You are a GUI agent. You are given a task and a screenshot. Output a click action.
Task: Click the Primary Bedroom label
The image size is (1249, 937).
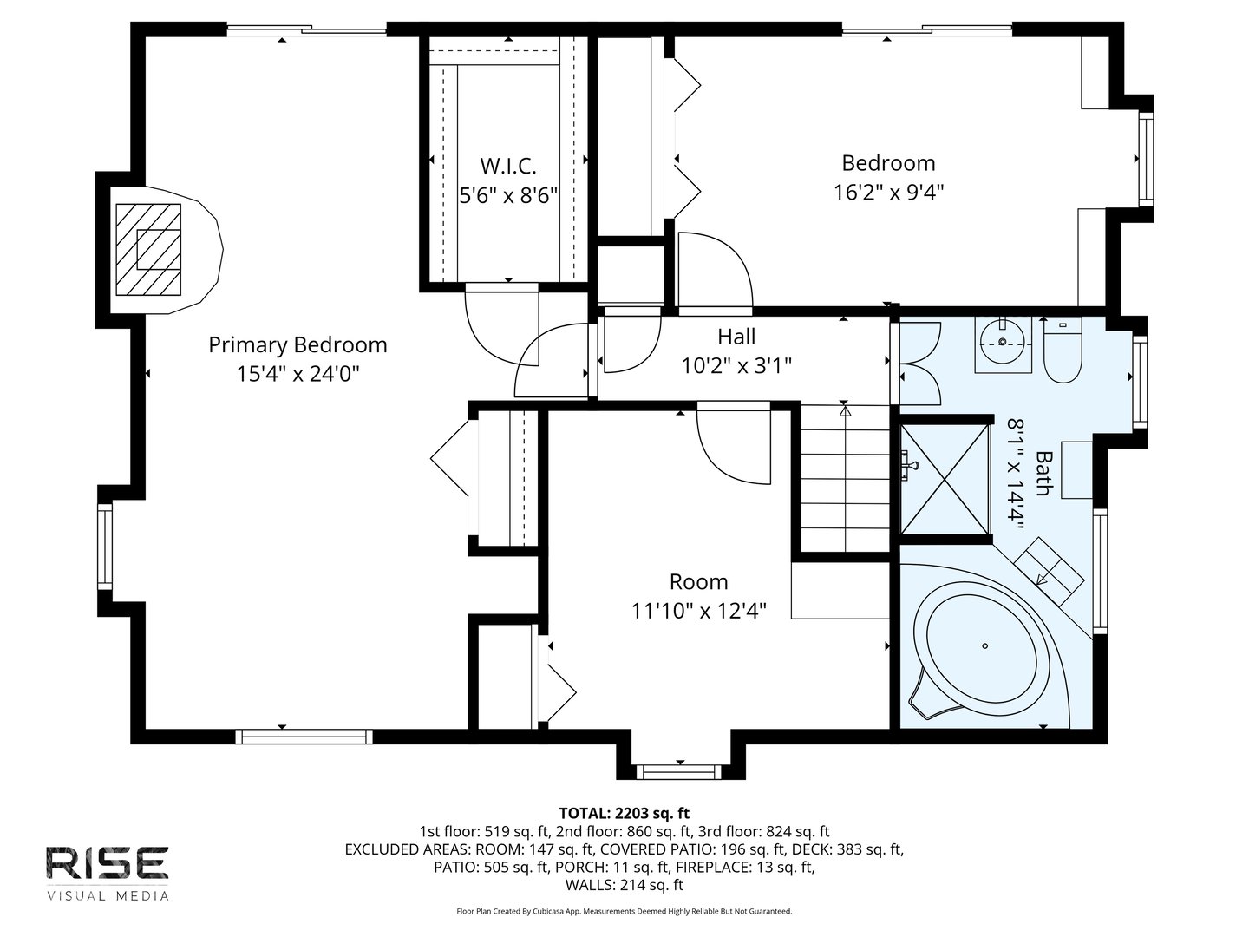(298, 344)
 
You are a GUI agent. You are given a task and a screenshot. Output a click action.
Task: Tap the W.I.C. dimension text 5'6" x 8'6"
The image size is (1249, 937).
(507, 193)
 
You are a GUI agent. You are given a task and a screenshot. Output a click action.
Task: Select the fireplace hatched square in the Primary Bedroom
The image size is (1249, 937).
(148, 249)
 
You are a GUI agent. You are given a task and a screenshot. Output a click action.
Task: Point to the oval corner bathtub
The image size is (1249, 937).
(984, 646)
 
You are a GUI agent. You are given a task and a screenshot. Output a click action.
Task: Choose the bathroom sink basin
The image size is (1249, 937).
(1003, 343)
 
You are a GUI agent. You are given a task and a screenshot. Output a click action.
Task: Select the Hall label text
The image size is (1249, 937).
(736, 337)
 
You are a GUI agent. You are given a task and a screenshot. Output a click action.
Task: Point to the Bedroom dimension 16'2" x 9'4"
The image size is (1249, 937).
(888, 192)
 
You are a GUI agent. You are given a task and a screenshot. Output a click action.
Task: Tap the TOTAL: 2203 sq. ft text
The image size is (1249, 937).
(624, 813)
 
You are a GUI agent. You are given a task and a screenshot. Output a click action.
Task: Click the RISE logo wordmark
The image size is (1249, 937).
(107, 863)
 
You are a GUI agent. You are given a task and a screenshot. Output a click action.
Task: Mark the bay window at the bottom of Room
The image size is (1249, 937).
(677, 770)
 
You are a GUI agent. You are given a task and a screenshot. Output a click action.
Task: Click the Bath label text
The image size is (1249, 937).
(1043, 473)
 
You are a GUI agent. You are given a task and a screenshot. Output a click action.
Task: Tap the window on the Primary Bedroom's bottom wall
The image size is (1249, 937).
(304, 737)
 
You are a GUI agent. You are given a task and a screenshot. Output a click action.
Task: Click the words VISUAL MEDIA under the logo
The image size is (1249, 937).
(107, 895)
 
